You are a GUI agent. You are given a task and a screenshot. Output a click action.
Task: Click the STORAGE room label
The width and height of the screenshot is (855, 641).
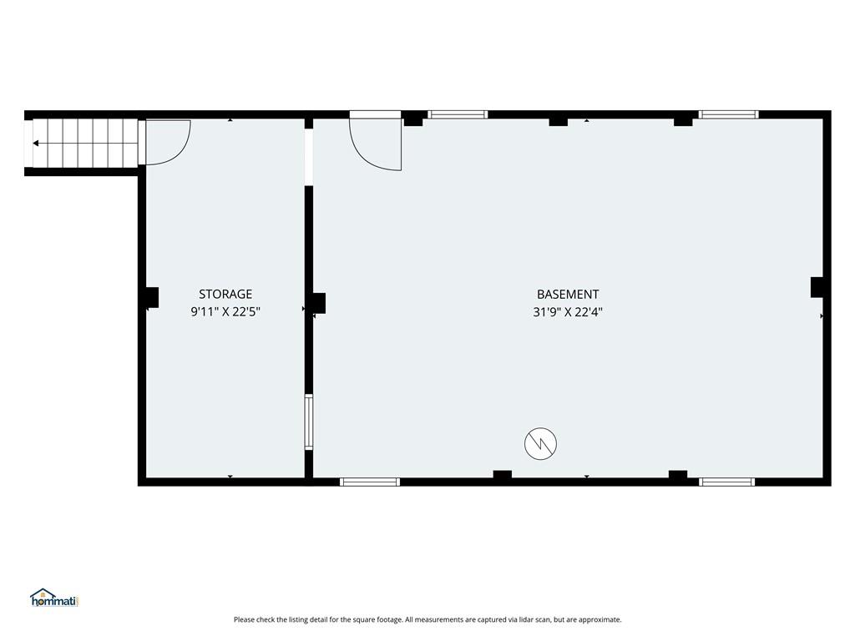click(225, 295)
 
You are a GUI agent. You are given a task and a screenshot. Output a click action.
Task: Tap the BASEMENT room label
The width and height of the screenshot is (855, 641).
click(568, 295)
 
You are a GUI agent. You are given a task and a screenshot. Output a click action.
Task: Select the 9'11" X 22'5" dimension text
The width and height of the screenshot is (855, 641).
click(225, 312)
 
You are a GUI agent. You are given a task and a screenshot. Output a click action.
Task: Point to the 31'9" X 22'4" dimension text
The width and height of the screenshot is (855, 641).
click(568, 312)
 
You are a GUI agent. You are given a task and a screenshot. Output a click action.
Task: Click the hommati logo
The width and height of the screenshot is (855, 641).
click(54, 598)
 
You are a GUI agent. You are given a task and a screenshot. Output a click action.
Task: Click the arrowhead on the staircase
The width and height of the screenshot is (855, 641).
click(36, 144)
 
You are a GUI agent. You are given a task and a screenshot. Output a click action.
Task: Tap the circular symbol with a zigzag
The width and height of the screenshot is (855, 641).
click(540, 444)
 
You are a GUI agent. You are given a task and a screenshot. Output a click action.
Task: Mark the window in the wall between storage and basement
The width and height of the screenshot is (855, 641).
click(309, 421)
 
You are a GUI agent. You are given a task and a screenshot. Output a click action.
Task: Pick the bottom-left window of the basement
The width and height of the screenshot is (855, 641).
click(370, 482)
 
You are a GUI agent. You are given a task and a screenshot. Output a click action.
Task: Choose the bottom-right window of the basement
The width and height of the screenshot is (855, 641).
click(727, 482)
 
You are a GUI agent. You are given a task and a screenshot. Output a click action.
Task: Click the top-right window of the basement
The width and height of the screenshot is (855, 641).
click(728, 114)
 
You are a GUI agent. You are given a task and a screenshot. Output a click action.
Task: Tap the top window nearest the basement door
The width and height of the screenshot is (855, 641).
click(458, 114)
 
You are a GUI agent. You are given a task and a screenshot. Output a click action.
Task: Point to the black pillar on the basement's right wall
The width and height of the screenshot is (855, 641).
click(817, 287)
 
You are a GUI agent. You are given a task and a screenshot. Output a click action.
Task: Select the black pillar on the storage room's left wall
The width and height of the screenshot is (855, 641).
click(152, 298)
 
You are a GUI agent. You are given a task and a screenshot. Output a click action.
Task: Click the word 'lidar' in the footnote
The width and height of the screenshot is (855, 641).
click(498, 620)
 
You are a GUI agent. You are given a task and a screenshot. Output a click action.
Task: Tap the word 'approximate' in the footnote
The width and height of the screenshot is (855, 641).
click(600, 620)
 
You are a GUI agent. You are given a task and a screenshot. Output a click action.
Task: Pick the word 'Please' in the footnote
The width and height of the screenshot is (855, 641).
click(245, 620)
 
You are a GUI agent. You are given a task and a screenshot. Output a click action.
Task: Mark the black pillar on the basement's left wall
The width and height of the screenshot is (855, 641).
click(319, 304)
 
